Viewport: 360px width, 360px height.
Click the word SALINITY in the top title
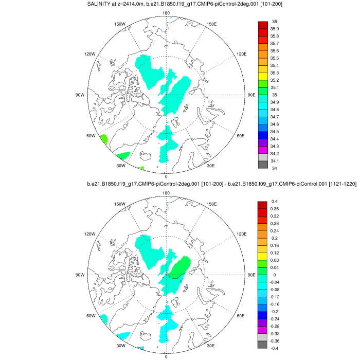(x=101, y=5)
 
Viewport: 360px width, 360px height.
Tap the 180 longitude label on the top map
(x=166, y=13)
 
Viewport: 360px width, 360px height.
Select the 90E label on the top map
(x=251, y=95)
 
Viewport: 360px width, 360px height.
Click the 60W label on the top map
(x=91, y=136)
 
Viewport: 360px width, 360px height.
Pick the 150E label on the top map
(x=212, y=24)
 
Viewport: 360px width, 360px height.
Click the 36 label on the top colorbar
(x=274, y=22)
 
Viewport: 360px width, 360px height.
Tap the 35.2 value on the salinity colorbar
(x=275, y=80)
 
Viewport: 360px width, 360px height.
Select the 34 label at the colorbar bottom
(x=274, y=168)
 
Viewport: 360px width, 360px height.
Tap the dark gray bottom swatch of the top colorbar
(x=263, y=165)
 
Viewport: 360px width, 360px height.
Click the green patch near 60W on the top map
(x=103, y=139)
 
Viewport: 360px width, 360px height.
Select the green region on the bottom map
(x=181, y=268)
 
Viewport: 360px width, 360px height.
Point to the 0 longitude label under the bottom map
(x=166, y=356)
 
